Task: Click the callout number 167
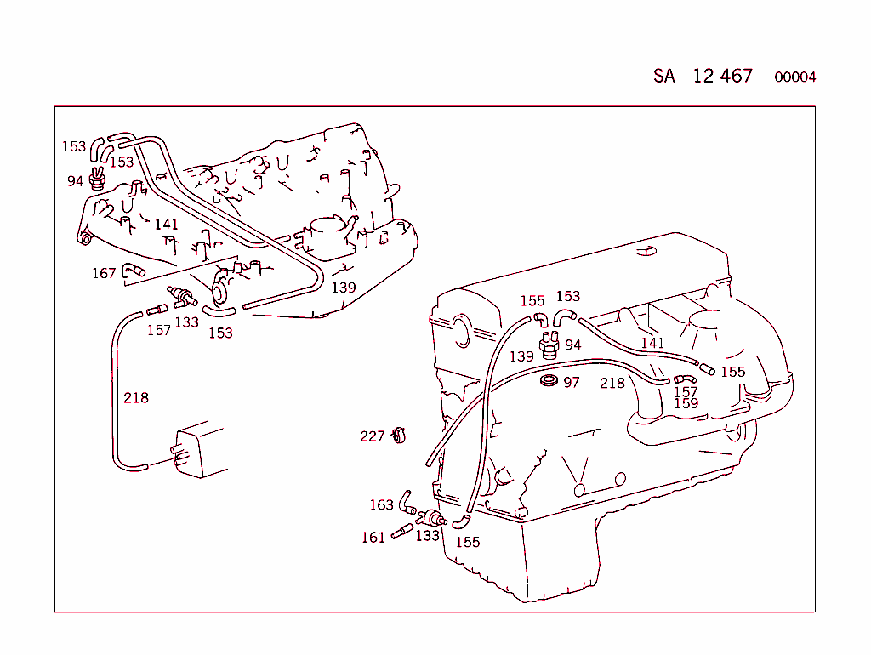coord(104,273)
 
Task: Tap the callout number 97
coord(572,383)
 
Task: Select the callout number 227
coord(373,436)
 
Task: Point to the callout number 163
coord(381,505)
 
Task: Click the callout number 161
coord(373,538)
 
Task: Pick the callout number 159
coord(686,403)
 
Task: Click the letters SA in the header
coord(664,76)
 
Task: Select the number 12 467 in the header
coord(722,76)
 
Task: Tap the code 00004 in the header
coord(794,77)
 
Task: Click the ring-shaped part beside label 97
coord(549,379)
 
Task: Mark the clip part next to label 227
coord(398,436)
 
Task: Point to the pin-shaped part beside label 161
coord(401,534)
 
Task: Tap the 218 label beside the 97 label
coord(612,384)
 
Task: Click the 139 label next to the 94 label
coord(521,357)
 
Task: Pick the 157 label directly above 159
coord(686,392)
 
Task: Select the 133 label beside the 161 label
coord(427,536)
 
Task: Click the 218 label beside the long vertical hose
coord(136,397)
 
